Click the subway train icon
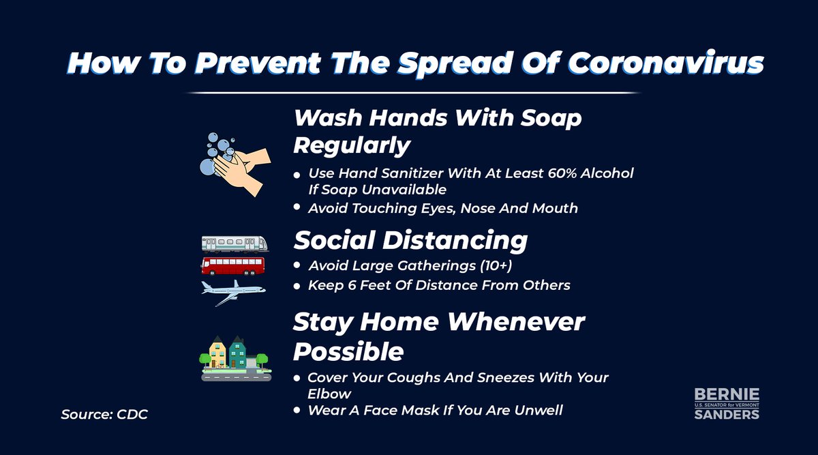click(234, 243)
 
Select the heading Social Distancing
click(410, 240)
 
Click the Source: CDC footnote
click(104, 414)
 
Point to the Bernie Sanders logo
click(726, 403)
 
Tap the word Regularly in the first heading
click(352, 145)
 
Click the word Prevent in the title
click(239, 63)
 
